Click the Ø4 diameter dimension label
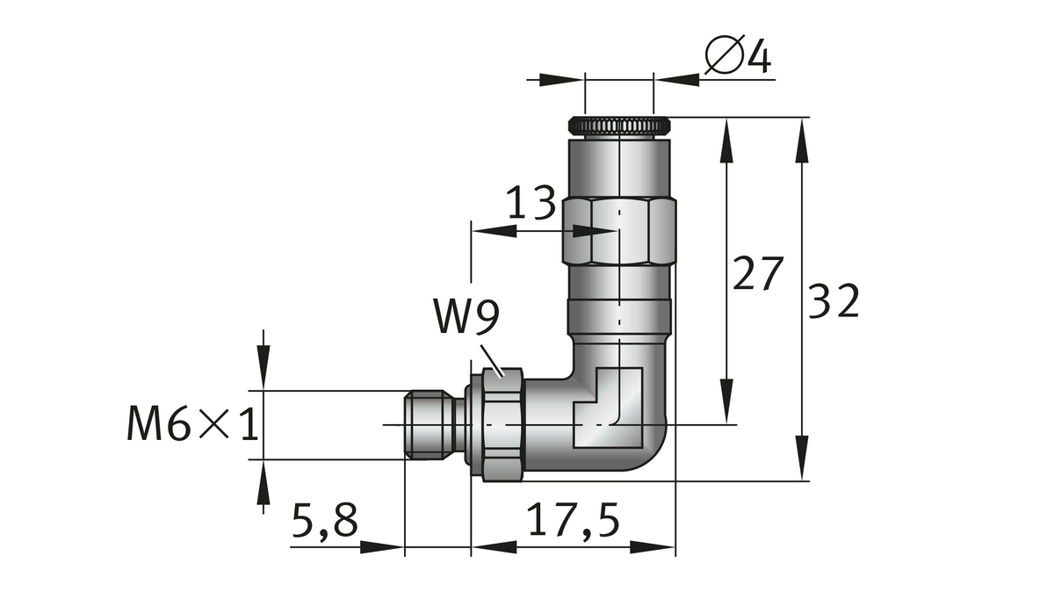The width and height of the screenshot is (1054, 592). [x=738, y=58]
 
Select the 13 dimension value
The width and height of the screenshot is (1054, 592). [x=532, y=206]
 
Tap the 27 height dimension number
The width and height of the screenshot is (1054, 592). [x=756, y=275]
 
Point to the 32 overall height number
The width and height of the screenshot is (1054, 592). [x=833, y=302]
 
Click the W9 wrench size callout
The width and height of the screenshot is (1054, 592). [x=466, y=319]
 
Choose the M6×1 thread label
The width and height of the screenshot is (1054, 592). [x=192, y=426]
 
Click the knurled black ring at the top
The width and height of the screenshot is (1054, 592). [x=620, y=126]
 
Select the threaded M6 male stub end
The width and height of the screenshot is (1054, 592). [x=432, y=425]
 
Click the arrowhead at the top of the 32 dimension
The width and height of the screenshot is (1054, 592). [x=803, y=141]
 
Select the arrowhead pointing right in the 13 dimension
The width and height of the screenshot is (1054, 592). [x=596, y=231]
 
